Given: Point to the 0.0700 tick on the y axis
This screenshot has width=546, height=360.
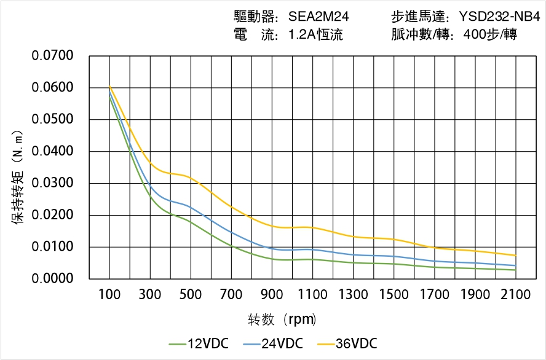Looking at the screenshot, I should (52, 56).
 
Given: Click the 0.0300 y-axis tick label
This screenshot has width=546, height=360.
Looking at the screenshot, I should (52, 183).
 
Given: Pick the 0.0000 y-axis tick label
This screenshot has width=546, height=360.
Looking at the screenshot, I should (52, 279).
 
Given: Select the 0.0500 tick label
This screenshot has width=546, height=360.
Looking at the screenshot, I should (52, 119).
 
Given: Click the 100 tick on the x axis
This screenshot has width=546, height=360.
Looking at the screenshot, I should (109, 295).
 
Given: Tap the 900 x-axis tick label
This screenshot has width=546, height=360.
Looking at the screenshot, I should (272, 295).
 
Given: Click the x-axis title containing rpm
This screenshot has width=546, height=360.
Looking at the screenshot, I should (282, 319).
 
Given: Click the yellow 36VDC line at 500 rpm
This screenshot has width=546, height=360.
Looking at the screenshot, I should (191, 178).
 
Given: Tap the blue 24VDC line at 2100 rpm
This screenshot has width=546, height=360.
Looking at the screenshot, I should (515, 265).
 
